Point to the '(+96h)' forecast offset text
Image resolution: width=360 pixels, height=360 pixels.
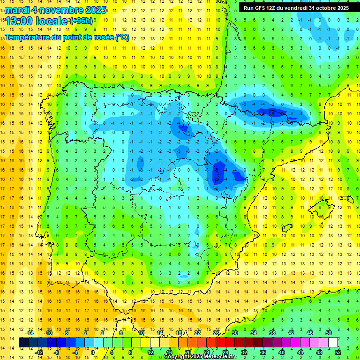81,21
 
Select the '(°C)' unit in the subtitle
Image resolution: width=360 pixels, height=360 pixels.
122,37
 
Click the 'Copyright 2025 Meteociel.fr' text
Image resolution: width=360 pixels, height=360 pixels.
199,357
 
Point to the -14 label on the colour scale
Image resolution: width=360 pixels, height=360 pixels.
30,333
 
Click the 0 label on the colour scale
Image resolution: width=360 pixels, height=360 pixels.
92,352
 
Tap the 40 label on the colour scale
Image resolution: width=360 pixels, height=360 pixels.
282,352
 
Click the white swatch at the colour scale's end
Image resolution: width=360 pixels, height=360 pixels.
333,343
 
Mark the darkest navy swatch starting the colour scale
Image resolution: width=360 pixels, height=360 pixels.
23,343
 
